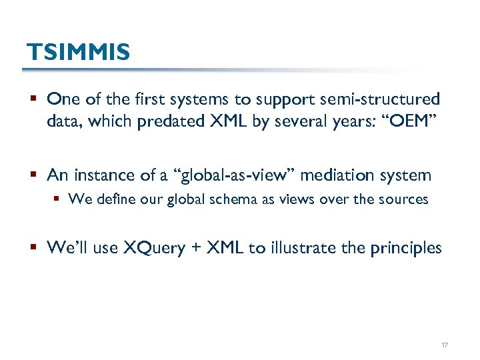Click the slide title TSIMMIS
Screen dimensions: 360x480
[x=77, y=52]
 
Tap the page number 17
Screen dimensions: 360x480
[x=445, y=345]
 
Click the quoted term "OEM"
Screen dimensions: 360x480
[x=413, y=123]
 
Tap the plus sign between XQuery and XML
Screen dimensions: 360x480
[x=195, y=249]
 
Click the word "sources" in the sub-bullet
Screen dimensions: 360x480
[x=405, y=199]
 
